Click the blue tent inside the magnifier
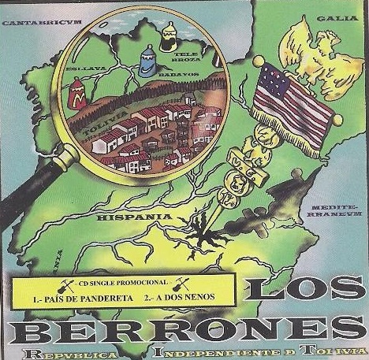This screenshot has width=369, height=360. coord(147,61)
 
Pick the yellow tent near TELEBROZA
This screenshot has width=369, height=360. coord(168,36)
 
